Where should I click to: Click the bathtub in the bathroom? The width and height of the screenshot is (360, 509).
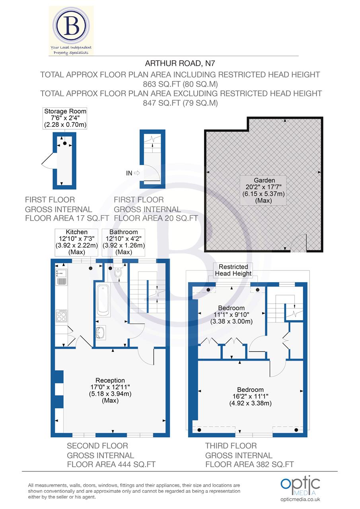pyautogui.click(x=103, y=299)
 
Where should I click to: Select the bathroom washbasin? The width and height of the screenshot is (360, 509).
pyautogui.click(x=101, y=332)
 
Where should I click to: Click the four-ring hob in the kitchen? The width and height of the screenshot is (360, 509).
pyautogui.click(x=61, y=316)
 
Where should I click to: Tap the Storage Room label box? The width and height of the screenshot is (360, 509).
pyautogui.click(x=65, y=118)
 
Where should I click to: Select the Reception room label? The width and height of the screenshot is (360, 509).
pyautogui.click(x=110, y=390)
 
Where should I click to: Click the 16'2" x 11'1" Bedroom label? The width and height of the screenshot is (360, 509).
pyautogui.click(x=250, y=396)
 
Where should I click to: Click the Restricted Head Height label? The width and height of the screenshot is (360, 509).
pyautogui.click(x=234, y=270)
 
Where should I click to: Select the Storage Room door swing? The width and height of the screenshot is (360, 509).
pyautogui.click(x=47, y=163)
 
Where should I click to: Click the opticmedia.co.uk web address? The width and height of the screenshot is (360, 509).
pyautogui.click(x=300, y=499)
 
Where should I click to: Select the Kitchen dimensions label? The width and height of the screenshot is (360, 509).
pyautogui.click(x=77, y=242)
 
